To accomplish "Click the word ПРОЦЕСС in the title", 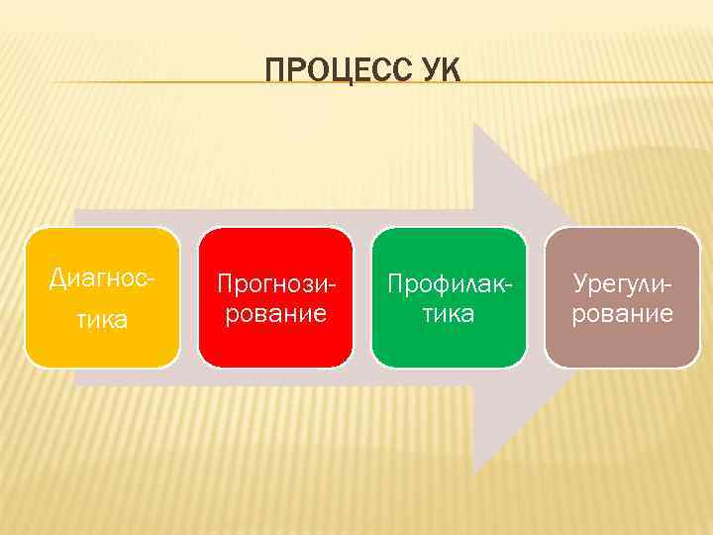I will point(332,70).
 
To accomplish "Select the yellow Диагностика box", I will point(102,297).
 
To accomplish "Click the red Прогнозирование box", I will point(275,297).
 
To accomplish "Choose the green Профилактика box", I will point(449,297).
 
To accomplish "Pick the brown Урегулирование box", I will point(623,297).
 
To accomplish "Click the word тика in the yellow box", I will point(102,319).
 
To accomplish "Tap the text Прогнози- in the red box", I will point(275,284).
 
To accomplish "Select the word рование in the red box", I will point(275,314).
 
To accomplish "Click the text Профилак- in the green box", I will point(449,284).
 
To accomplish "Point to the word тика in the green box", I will point(449,314).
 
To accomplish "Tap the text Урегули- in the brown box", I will point(623,284).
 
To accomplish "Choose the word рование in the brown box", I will point(623,314).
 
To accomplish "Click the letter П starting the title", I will point(274,70).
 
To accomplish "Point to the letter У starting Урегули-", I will point(580,284).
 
